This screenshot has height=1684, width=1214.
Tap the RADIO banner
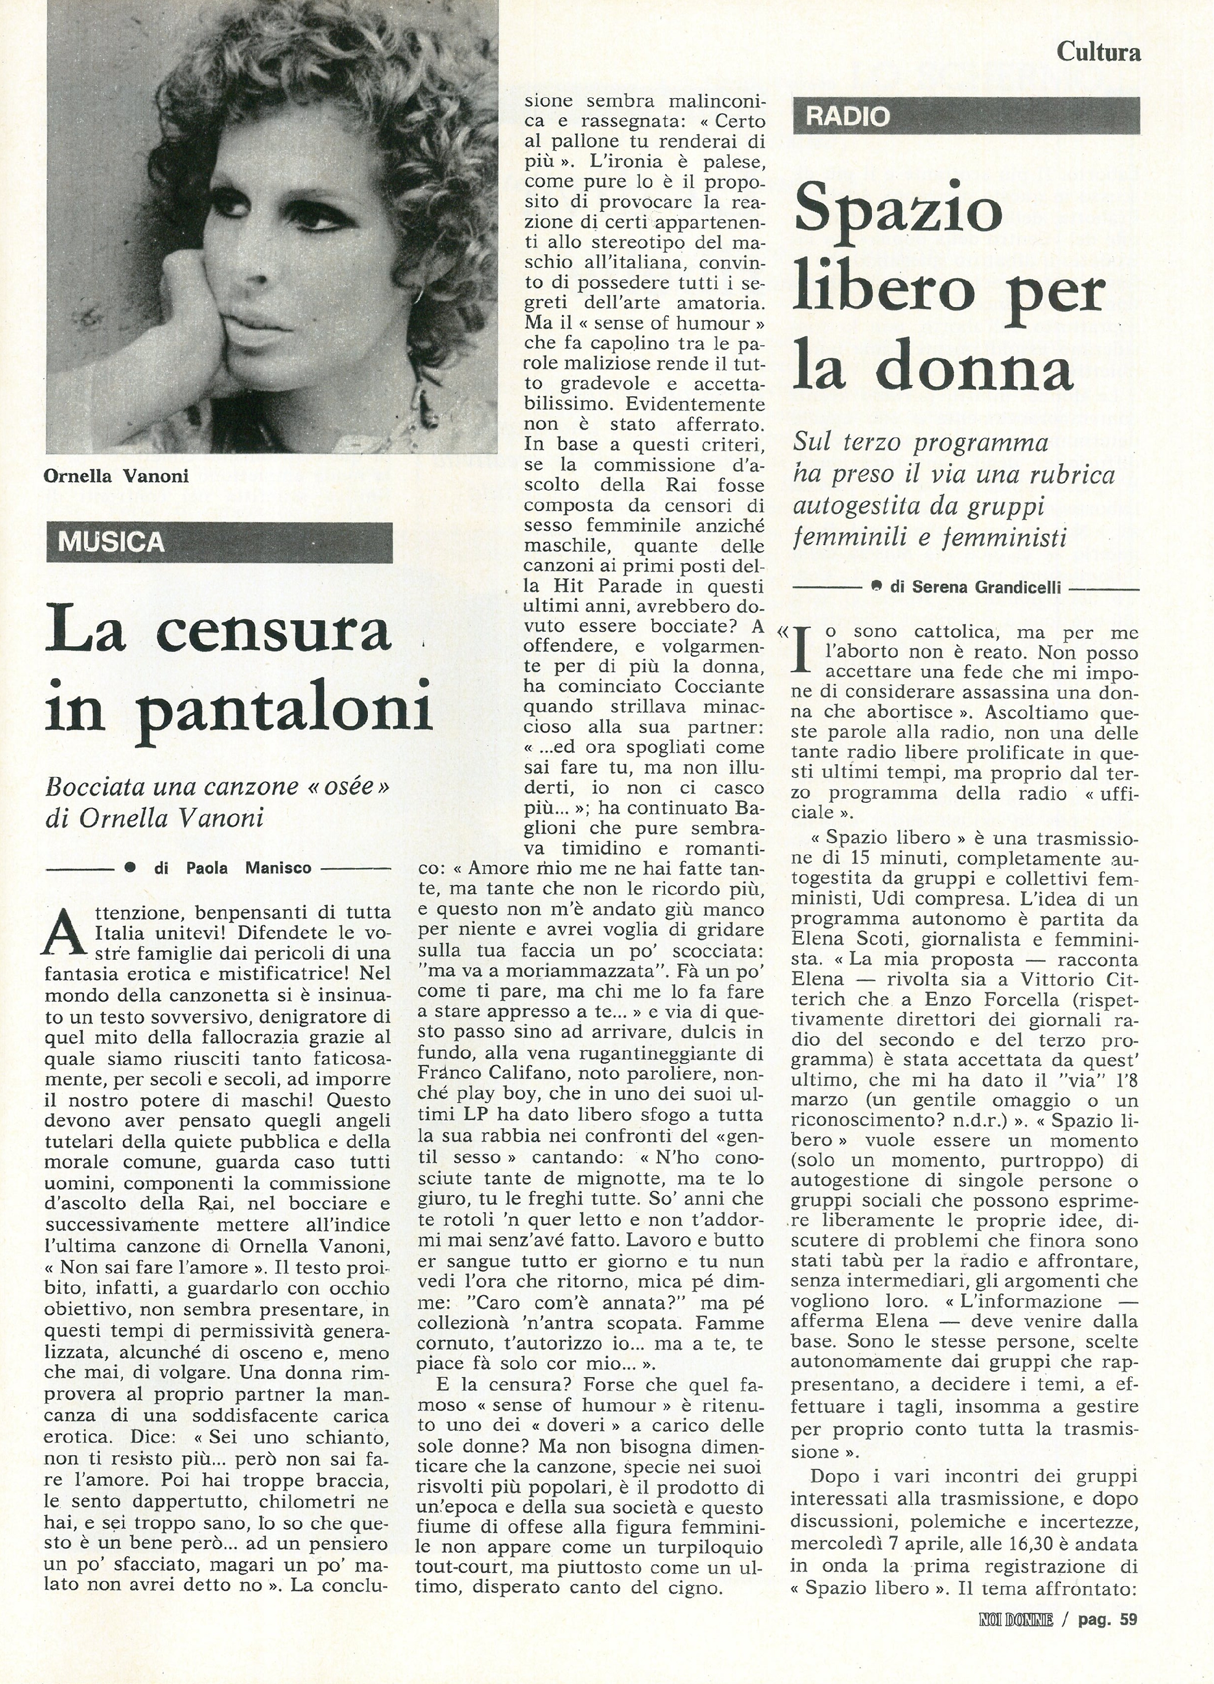847,117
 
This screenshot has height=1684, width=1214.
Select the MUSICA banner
111,542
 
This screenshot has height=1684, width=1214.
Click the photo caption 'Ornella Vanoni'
117,476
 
